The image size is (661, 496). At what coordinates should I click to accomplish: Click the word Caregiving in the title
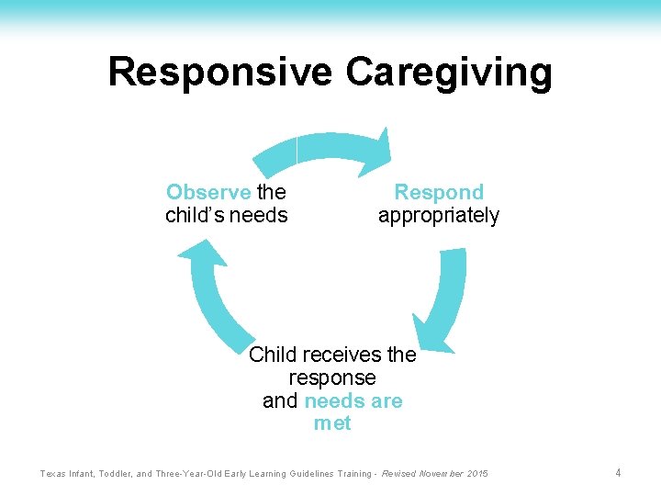pos(449,72)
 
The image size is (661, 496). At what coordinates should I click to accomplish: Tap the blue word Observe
pos(208,193)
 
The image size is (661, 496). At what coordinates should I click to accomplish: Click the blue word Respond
pos(439,193)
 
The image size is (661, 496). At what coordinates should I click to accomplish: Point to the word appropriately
pos(439,217)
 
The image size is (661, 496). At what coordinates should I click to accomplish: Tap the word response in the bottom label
pos(332,378)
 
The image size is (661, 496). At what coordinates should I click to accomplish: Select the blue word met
pos(332,423)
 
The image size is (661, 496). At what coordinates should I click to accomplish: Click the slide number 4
pos(619,473)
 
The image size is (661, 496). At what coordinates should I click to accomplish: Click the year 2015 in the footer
pos(477,474)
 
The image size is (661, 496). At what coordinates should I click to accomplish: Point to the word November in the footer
pos(439,474)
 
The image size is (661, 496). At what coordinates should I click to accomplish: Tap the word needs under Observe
pos(261,216)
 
